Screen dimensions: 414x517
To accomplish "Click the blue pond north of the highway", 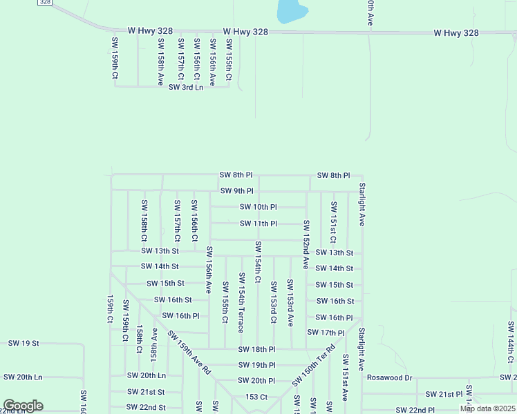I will [x=291, y=10].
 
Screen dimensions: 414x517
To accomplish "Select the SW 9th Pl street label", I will [x=236, y=190].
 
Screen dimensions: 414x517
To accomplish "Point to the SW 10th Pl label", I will [x=258, y=207].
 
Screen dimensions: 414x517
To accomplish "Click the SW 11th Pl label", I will [x=258, y=224].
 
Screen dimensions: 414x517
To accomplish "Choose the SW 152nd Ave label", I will [x=305, y=244].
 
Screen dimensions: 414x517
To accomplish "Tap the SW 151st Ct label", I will [x=333, y=222].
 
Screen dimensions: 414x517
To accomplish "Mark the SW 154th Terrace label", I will [x=241, y=302].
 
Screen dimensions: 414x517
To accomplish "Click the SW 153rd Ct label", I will [x=274, y=302].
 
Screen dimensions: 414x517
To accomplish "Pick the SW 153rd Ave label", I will [x=290, y=302].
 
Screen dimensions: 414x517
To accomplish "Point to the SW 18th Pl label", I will [x=256, y=349].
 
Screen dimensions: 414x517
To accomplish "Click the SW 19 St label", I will [x=23, y=343].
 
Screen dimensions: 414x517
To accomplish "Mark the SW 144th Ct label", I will [x=511, y=342].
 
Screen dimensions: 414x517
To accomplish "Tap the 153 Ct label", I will [x=256, y=397].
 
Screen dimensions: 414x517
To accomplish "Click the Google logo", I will [x=22, y=406].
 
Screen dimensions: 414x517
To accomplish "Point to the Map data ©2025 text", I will [x=487, y=408].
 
